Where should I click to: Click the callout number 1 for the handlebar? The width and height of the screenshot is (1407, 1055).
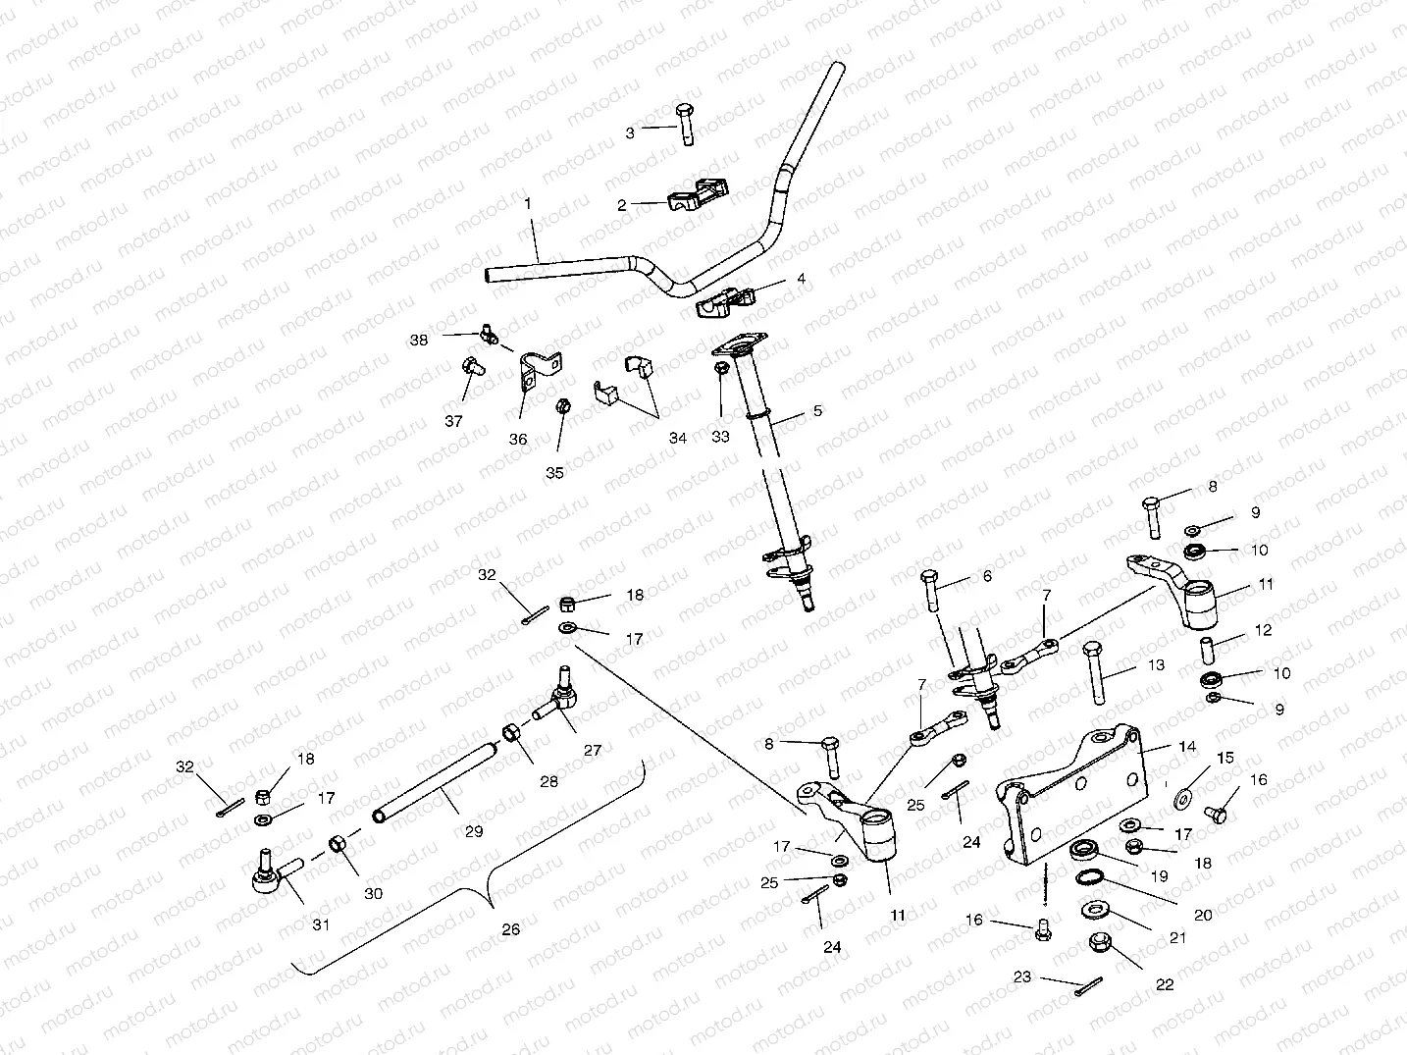point(528,204)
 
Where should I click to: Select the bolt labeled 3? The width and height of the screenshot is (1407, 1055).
point(685,124)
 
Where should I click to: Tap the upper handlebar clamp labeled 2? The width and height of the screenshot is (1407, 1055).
point(691,193)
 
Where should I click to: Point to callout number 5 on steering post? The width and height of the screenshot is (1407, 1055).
point(817,411)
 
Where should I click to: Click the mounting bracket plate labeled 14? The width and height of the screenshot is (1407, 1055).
point(1069,795)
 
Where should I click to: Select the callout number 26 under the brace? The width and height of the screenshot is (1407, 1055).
point(510,929)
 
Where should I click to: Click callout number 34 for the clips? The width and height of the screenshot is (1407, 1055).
point(678,438)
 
